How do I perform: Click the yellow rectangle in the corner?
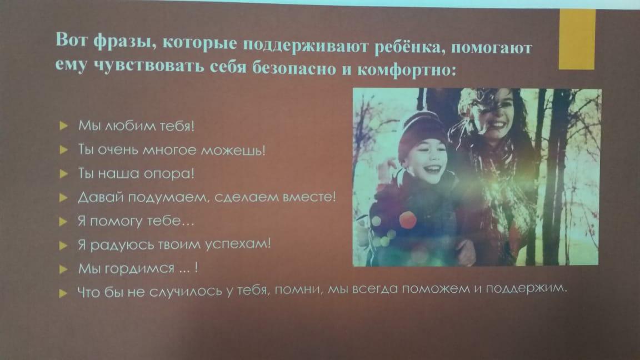coord(577,39)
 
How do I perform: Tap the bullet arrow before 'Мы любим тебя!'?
coord(63,126)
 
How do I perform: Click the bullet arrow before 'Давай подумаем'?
coord(63,198)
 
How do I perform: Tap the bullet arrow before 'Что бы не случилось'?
coord(63,293)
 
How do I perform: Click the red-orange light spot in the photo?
coord(408,219)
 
